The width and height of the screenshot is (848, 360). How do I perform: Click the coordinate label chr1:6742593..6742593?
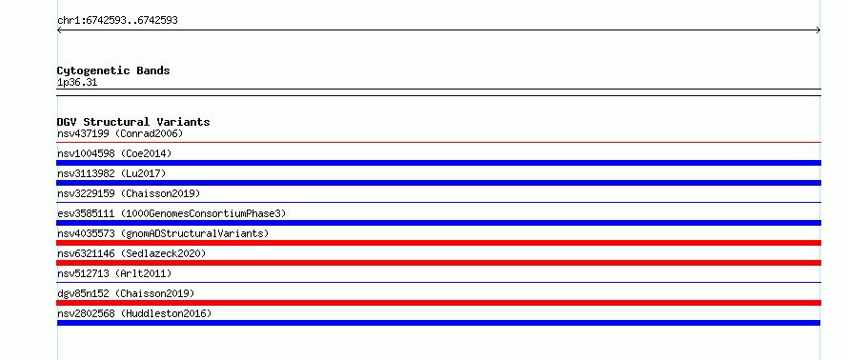[x=117, y=21]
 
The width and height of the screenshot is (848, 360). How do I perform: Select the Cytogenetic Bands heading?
[x=113, y=70]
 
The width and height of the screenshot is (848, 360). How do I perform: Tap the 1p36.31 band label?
[x=77, y=83]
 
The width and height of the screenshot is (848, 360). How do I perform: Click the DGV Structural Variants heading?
[x=133, y=122]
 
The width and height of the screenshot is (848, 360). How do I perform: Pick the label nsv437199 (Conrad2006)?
[x=121, y=133]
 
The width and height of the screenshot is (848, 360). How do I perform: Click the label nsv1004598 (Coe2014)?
[x=114, y=153]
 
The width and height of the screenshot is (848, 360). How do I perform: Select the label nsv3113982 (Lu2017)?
[x=111, y=173]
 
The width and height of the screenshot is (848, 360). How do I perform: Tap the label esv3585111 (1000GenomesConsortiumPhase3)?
[x=172, y=213]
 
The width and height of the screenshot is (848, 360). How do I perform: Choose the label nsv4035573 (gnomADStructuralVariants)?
[x=163, y=233]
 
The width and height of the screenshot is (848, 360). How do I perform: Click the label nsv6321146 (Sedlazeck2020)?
[x=131, y=253]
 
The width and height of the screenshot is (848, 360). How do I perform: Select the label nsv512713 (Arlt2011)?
[x=114, y=273]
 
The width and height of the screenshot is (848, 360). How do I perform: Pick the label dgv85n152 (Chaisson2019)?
[x=126, y=293]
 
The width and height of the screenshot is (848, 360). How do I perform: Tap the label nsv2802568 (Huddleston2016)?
[x=134, y=313]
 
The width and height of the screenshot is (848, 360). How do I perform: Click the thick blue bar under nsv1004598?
[x=439, y=163]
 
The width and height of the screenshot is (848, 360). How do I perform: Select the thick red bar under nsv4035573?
[x=439, y=243]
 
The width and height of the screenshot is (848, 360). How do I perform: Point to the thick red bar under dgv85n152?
[x=439, y=303]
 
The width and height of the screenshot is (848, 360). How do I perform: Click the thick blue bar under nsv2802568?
[x=438, y=323]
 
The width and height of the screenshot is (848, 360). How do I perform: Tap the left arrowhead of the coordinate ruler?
[x=58, y=30]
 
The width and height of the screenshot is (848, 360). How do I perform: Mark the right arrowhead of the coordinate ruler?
[x=819, y=30]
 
